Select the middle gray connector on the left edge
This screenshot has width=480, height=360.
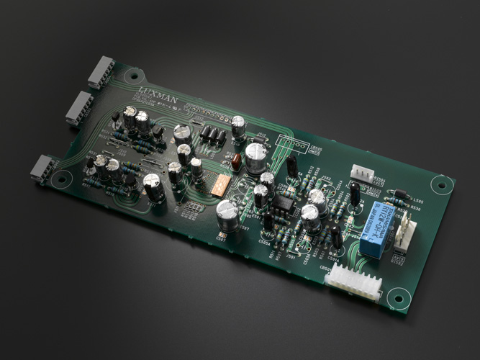[x=78, y=109]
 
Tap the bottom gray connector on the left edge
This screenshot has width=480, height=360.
[x=43, y=168]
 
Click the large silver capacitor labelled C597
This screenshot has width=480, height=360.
[x=227, y=214]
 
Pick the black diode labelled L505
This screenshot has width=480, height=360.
[x=400, y=193]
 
